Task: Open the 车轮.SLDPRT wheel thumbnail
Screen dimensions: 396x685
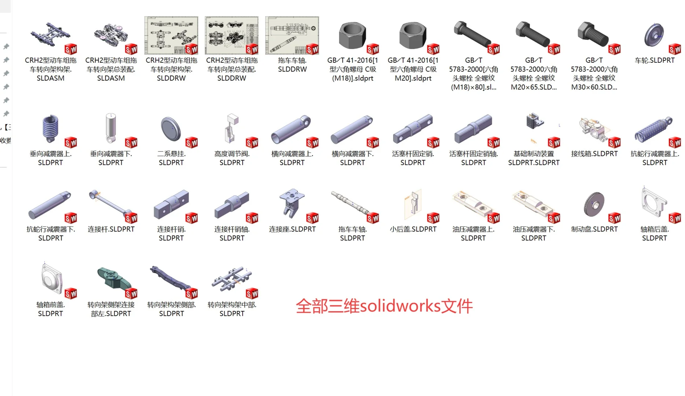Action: pos(654,36)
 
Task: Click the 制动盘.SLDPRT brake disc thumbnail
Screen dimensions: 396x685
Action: pos(594,204)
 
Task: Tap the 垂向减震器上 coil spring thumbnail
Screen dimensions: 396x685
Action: pos(51,128)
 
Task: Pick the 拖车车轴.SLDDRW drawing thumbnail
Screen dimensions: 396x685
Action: pos(292,35)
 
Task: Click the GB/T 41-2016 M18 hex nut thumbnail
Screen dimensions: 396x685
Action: pos(352,35)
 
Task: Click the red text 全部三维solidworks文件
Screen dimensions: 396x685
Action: pos(384,306)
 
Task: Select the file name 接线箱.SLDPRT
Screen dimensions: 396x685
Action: pos(594,154)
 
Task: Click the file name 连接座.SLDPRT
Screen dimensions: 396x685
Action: pos(292,229)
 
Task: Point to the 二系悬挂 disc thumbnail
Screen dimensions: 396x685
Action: pos(171,129)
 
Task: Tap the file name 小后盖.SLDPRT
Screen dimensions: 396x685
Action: pos(413,229)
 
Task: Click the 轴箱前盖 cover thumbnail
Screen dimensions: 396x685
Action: pos(51,279)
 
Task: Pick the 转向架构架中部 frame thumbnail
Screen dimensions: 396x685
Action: pos(231,279)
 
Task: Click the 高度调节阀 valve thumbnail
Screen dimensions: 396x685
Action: pos(231,128)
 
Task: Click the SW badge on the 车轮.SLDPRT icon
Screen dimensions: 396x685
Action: pos(675,49)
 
